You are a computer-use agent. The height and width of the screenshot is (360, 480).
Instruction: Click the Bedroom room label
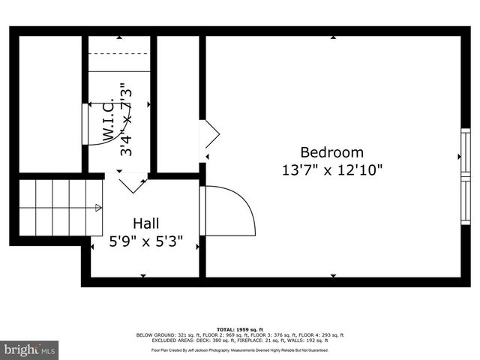331,151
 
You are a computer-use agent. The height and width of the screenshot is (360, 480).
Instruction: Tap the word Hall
145,223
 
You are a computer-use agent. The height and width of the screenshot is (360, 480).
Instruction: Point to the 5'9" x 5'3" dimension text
145,242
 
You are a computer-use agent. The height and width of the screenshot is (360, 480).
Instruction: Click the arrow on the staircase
97,209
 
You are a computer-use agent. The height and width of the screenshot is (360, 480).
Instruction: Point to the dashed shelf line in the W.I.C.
120,54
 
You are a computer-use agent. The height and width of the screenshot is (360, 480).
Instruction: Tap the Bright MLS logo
30,349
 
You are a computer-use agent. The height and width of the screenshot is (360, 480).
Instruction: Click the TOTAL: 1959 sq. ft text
240,329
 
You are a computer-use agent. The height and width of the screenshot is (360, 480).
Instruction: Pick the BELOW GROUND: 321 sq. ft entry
162,334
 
